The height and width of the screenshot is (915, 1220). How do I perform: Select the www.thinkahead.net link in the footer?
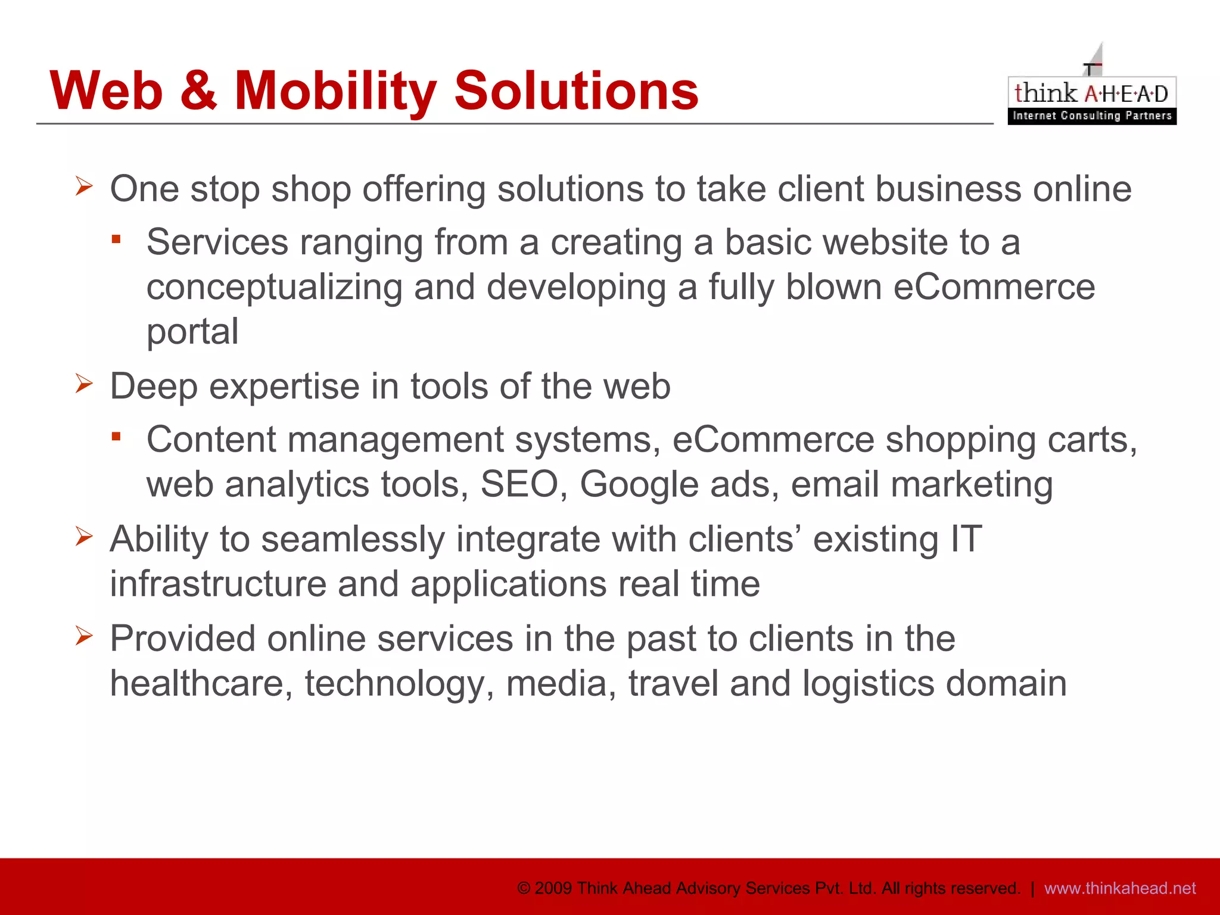point(1120,888)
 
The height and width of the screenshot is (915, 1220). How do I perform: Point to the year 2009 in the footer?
point(553,888)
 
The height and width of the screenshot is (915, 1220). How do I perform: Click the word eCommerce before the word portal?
point(994,287)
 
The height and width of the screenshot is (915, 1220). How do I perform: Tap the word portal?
point(192,332)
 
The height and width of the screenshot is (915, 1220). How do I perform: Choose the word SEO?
point(519,484)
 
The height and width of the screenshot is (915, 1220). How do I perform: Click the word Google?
point(639,484)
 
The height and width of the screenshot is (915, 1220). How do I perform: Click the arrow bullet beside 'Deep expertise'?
point(84,384)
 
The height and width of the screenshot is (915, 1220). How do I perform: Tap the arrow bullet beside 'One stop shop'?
point(84,186)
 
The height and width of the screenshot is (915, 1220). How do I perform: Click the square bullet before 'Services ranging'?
point(116,239)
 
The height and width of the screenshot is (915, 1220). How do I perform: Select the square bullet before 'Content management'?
point(116,437)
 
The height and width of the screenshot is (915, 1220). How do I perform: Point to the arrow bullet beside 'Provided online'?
point(84,636)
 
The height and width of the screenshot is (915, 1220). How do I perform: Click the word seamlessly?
point(353,540)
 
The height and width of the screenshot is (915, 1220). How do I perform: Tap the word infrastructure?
point(218,584)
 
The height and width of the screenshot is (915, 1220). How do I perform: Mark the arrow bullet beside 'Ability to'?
point(84,537)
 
